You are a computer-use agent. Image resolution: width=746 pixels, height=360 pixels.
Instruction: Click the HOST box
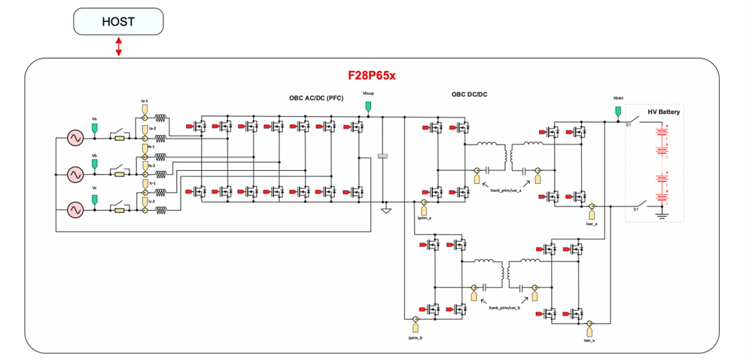[x=118, y=21]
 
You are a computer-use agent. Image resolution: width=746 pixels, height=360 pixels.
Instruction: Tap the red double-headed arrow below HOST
[x=118, y=47]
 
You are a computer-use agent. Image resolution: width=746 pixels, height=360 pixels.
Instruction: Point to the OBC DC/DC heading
[x=469, y=95]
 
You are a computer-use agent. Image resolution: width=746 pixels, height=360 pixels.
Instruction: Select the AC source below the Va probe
[x=75, y=139]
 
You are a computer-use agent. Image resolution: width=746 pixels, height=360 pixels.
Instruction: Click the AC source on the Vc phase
[x=75, y=209]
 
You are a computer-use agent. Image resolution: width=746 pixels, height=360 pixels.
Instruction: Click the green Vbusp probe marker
[x=367, y=108]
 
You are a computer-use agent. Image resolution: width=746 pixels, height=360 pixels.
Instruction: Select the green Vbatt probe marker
[x=618, y=111]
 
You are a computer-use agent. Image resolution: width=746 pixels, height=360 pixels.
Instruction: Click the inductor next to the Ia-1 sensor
[x=161, y=119]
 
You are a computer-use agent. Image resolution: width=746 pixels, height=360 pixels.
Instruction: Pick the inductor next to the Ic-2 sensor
[x=161, y=210]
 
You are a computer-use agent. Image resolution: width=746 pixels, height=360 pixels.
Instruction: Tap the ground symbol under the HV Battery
[x=662, y=216]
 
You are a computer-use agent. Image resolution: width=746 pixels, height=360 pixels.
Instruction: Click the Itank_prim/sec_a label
[x=505, y=192]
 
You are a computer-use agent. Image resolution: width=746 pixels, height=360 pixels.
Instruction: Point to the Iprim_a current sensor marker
[x=424, y=206]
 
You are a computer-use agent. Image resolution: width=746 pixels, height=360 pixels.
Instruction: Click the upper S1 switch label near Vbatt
[x=628, y=125]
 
